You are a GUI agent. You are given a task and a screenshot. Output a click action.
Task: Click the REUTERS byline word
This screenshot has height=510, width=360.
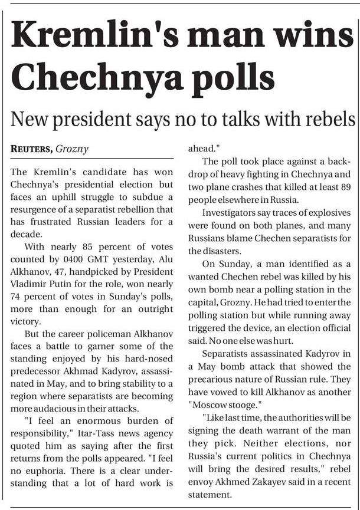coord(31,149)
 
